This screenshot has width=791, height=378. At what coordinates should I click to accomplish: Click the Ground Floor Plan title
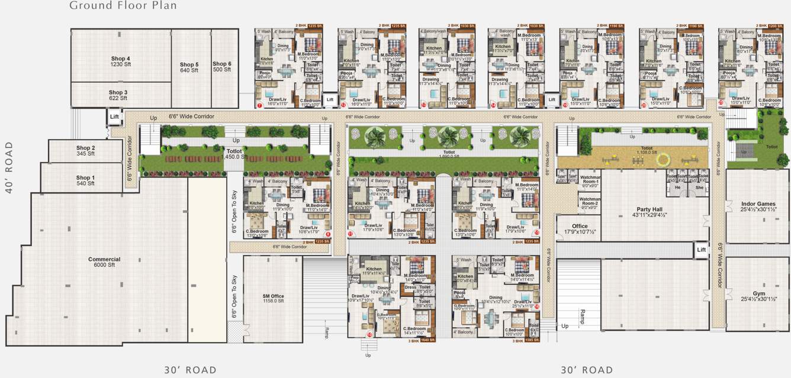click(x=123, y=6)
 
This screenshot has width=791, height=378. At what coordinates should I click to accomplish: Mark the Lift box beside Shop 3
click(x=114, y=117)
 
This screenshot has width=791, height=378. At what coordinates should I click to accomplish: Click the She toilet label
click(x=699, y=187)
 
